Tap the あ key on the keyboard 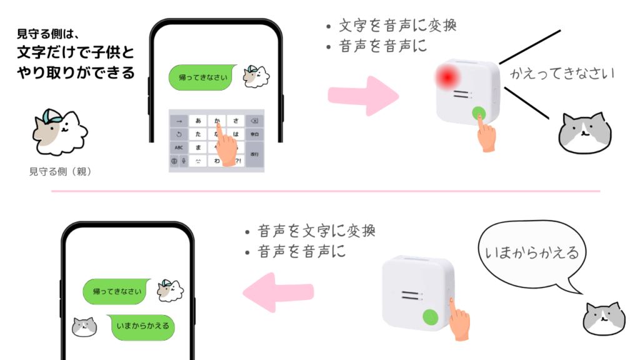[198, 120]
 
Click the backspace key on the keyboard [254, 120]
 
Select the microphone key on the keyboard [184, 161]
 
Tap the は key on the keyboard [236, 134]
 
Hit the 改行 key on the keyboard [254, 154]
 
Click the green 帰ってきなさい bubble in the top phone [204, 77]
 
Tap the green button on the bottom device [431, 318]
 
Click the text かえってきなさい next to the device [562, 74]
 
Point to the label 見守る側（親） [61, 171]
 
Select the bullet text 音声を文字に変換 [316, 231]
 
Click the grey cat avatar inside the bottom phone [84, 326]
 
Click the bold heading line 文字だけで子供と [76, 52]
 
